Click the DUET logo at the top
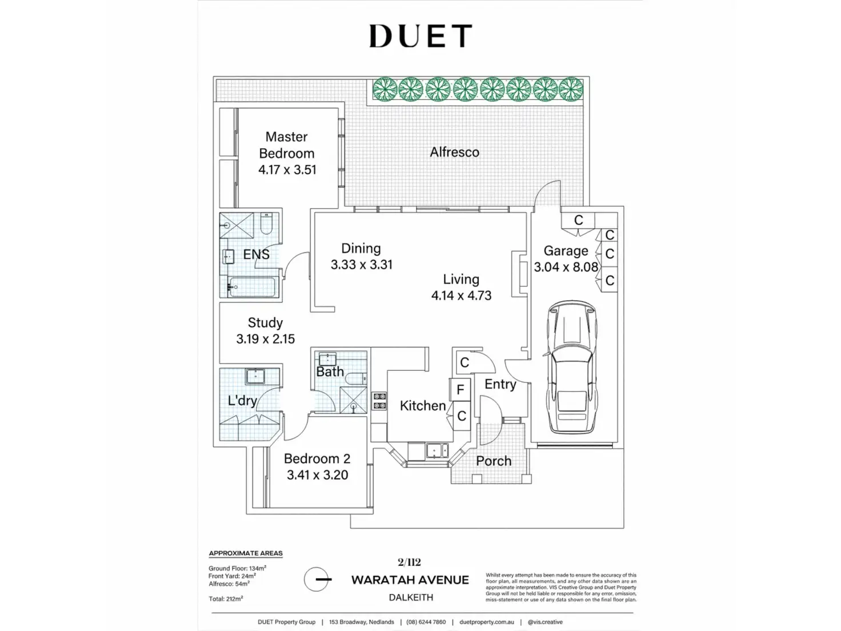click(x=421, y=36)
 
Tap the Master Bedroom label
click(x=286, y=145)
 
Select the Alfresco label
click(x=454, y=152)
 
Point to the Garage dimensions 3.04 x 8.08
click(x=566, y=267)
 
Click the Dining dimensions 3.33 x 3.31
click(x=361, y=265)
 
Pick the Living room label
click(x=461, y=279)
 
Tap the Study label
click(x=265, y=322)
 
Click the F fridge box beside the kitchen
click(x=460, y=390)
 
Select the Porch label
click(x=494, y=461)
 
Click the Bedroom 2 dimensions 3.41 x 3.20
click(x=317, y=475)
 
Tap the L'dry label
click(x=242, y=401)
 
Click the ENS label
click(x=256, y=254)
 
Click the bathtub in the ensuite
click(x=251, y=286)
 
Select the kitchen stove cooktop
click(x=379, y=401)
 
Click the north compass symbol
click(x=316, y=580)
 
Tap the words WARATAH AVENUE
click(x=410, y=580)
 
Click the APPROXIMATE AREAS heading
click(x=246, y=553)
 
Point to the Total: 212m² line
click(x=226, y=599)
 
